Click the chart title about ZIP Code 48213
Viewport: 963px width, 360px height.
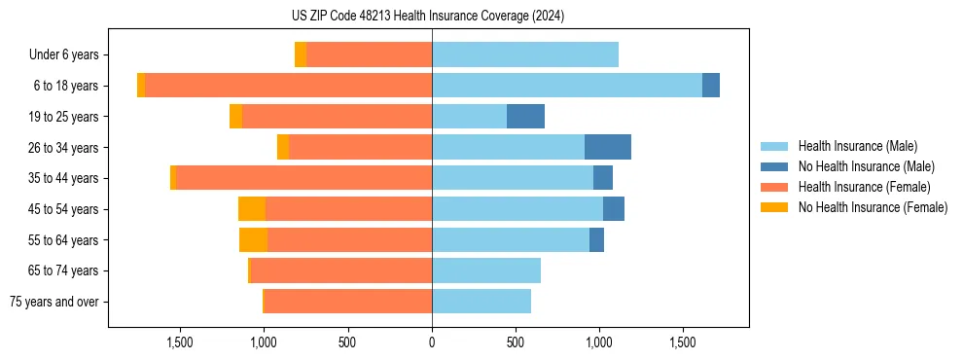coord(427,17)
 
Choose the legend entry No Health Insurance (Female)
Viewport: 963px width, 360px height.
coord(873,207)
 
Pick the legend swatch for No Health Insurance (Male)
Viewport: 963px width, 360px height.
coord(775,166)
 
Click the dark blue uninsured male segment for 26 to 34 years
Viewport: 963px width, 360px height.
coord(608,147)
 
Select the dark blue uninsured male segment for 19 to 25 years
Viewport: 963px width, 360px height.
coord(525,117)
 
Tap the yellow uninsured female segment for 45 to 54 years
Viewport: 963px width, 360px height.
coord(252,209)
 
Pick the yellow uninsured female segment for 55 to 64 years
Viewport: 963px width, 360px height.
coord(253,239)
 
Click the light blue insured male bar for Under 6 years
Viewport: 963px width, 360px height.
coord(525,54)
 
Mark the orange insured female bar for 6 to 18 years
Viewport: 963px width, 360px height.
coord(288,86)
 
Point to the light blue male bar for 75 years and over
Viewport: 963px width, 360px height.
coord(481,302)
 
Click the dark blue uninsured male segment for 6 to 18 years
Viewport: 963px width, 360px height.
coord(711,86)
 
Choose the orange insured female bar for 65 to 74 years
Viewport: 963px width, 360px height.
coord(340,270)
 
